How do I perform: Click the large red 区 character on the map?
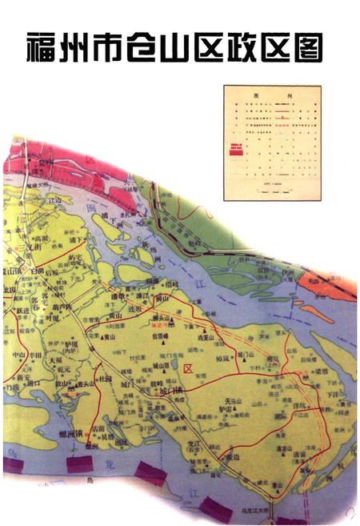(189, 368)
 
